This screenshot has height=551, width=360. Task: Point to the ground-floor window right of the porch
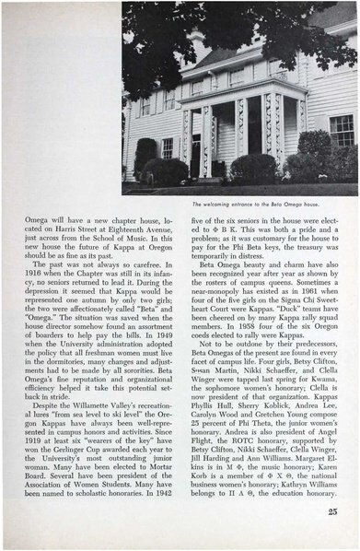coord(342,132)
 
